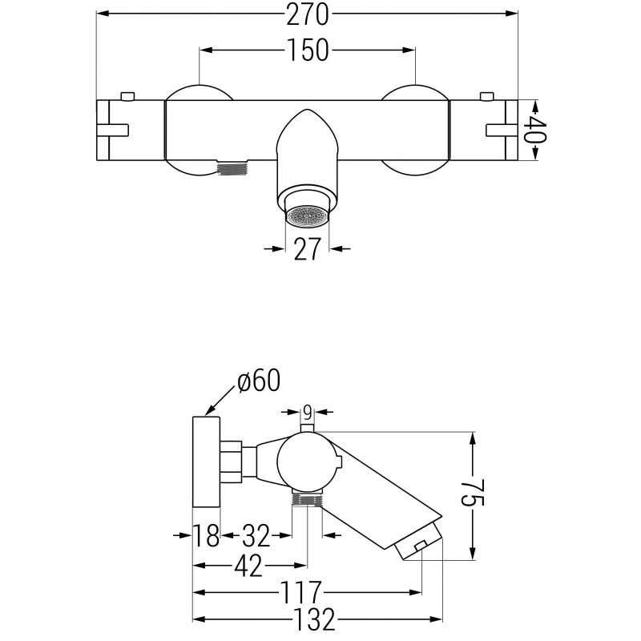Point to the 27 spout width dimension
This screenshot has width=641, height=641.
coord(307,248)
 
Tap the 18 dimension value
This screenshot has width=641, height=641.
coord(206,535)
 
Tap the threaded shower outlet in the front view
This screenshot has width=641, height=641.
coord(233,167)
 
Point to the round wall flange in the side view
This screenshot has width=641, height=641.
coord(207,462)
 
